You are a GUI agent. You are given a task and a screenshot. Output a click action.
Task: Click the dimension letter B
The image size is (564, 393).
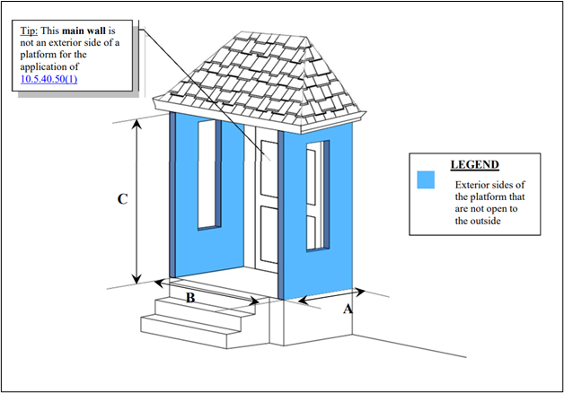[x=190, y=298]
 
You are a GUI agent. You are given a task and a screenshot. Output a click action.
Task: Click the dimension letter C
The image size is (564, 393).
[x=122, y=200]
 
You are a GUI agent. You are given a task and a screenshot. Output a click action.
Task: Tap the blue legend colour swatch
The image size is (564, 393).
[x=426, y=179]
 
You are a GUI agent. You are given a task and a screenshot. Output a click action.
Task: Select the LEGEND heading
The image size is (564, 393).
[x=474, y=165]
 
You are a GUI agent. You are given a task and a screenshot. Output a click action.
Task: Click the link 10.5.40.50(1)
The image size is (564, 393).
[x=55, y=80]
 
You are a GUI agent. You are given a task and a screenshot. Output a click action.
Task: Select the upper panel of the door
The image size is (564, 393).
[x=268, y=165]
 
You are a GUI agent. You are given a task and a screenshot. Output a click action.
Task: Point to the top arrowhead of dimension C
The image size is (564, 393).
[x=137, y=124]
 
